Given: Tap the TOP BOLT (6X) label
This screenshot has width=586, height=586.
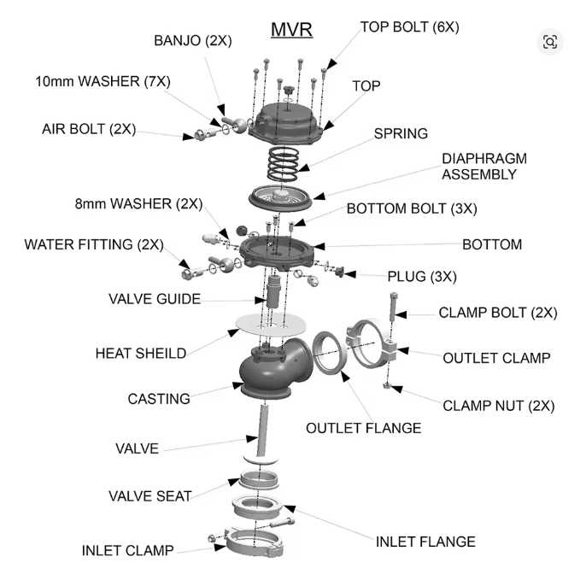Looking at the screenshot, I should tap(409, 26).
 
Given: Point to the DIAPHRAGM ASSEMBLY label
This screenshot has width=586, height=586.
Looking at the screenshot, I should tap(484, 167).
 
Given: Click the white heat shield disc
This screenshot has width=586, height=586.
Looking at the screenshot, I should tap(272, 325).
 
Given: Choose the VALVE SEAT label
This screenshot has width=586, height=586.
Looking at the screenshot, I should tap(150, 495).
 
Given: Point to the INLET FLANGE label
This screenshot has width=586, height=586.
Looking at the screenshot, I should tap(425, 542).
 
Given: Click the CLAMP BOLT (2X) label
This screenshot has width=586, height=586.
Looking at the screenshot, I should tap(497, 313).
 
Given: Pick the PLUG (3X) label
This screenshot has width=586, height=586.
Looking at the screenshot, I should tap(422, 277).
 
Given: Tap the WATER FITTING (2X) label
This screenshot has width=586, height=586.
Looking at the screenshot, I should tap(94, 244).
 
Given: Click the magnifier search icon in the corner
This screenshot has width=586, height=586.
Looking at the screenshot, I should tap(549, 42).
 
